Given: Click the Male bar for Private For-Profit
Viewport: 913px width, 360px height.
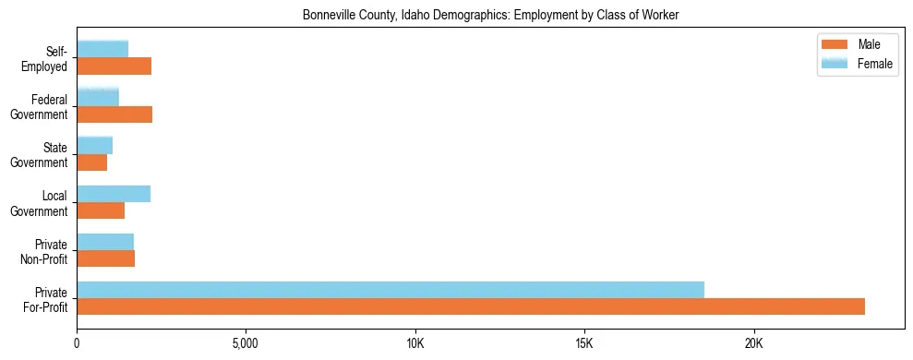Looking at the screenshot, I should [x=471, y=306].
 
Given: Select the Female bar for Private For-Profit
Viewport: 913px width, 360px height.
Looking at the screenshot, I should [x=390, y=290].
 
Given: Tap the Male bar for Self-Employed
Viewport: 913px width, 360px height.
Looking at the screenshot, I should [x=114, y=66].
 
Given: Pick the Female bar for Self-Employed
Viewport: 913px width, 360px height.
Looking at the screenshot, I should [x=102, y=49].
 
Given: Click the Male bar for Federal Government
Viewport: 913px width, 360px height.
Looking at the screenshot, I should [x=114, y=114].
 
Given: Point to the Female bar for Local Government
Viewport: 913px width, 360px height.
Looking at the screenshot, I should [x=114, y=194].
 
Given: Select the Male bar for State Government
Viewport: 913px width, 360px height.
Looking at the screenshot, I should [x=92, y=162].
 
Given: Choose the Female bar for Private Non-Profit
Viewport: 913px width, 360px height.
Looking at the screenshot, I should [x=105, y=242].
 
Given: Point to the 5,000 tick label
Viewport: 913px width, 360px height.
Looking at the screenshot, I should [x=246, y=344].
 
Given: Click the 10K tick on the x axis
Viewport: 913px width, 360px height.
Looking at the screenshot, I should [x=415, y=344].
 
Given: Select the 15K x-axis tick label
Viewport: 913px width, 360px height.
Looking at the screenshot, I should [x=584, y=344].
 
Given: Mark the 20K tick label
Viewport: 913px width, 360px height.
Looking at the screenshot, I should [x=753, y=344].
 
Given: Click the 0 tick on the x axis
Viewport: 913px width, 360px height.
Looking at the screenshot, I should [x=78, y=344].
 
